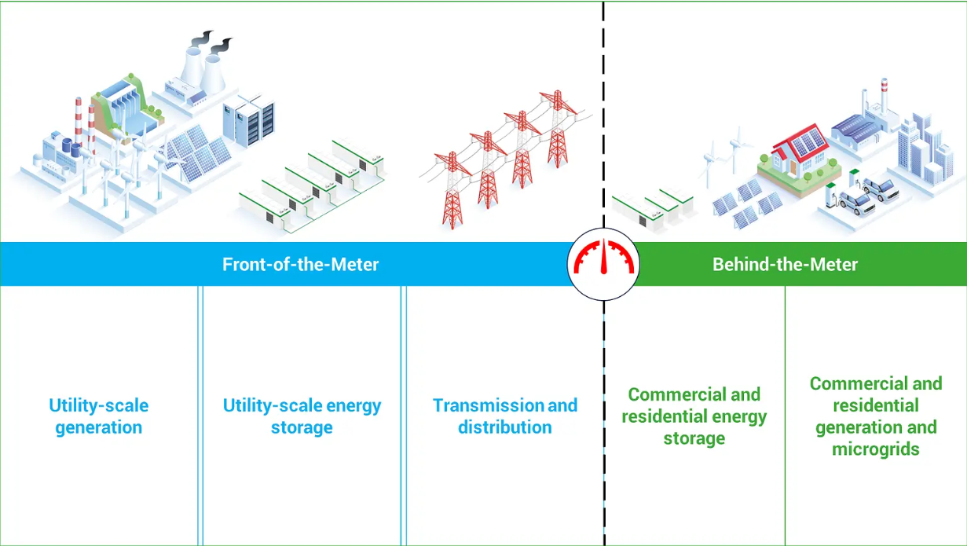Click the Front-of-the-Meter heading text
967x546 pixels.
[x=300, y=264]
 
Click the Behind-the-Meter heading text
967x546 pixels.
[x=785, y=264]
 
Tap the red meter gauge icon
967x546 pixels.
[x=603, y=258]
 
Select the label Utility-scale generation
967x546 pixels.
[x=98, y=416]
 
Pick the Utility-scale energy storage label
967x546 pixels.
[x=302, y=416]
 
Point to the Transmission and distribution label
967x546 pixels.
[x=504, y=416]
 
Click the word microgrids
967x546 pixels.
[x=875, y=449]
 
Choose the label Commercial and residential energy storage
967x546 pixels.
[x=694, y=416]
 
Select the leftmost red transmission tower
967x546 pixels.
[x=452, y=190]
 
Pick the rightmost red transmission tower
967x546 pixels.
[x=558, y=129]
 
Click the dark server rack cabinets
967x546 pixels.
[x=249, y=121]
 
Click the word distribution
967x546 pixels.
[x=504, y=427]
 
